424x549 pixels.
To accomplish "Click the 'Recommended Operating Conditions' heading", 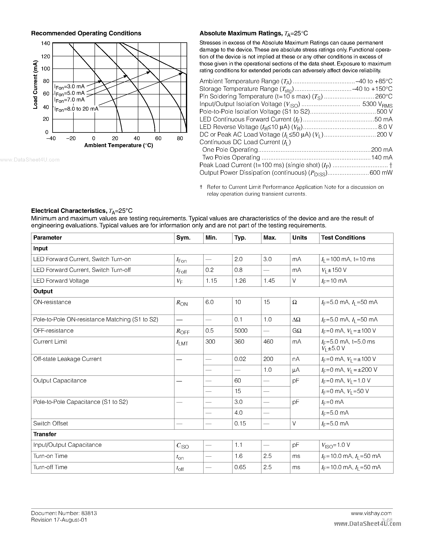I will coord(86,33).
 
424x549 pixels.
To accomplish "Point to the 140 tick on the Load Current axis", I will coord(46,44).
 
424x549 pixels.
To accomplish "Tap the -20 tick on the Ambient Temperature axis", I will coord(71,138).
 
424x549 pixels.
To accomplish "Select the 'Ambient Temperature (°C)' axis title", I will coord(119,145).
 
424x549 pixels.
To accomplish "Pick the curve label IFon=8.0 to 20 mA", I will coord(77,109).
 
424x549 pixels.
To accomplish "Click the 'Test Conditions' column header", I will coord(343,238).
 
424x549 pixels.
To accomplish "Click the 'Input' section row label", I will coord(41,249).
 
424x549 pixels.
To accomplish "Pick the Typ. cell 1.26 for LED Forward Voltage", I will coord(240,281).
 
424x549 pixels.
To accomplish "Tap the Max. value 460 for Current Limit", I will coord(268,342).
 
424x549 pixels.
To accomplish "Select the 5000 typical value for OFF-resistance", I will coord(241,331).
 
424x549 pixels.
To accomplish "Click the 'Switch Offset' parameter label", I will coord(50,424).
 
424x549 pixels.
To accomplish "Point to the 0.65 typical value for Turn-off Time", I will coord(240,467).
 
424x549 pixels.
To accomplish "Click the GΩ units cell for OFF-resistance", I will coord(297,331).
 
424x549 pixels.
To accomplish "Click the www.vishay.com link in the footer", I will coord(371,513).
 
